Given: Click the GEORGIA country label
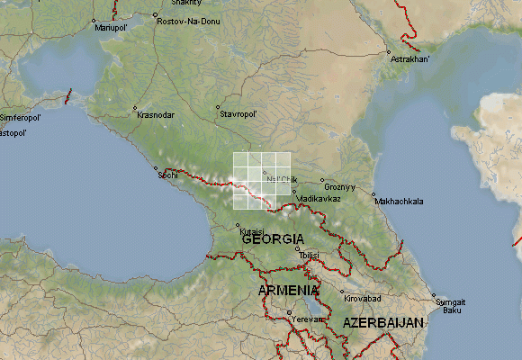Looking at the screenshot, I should point(273,240).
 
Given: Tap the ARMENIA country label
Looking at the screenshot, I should point(288,291).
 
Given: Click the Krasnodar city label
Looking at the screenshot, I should point(155,114).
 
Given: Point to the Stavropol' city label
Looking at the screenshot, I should point(238,114).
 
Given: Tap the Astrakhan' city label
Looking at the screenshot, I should point(411,59).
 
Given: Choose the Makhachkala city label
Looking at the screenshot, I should point(398,201).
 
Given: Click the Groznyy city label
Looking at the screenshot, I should point(339,187).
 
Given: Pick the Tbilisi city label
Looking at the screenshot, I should point(309,256).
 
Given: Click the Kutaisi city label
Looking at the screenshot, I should point(253,231).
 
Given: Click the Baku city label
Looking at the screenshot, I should point(452,310).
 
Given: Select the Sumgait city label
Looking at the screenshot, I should point(451,302).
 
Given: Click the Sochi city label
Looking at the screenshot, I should point(167,175).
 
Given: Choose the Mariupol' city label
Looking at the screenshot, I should point(112,28).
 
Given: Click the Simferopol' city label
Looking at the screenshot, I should point(20,117).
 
